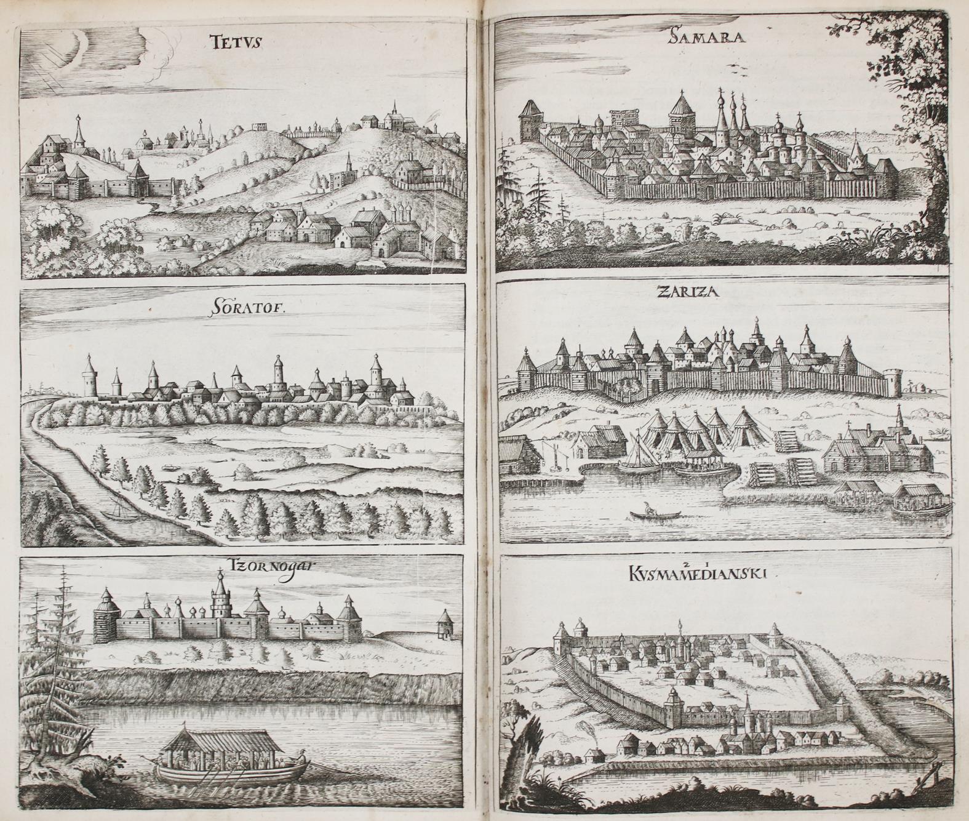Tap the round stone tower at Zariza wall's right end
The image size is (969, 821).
click(x=893, y=382)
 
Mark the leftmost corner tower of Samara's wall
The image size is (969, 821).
click(x=528, y=121)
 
